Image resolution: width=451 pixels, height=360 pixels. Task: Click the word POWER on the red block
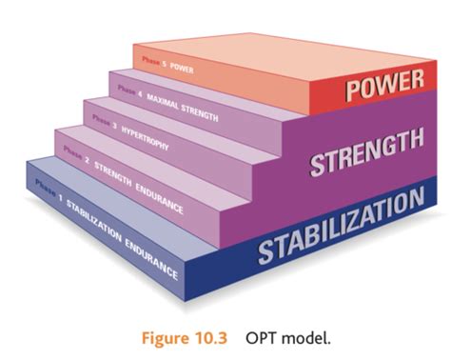pos(384,88)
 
